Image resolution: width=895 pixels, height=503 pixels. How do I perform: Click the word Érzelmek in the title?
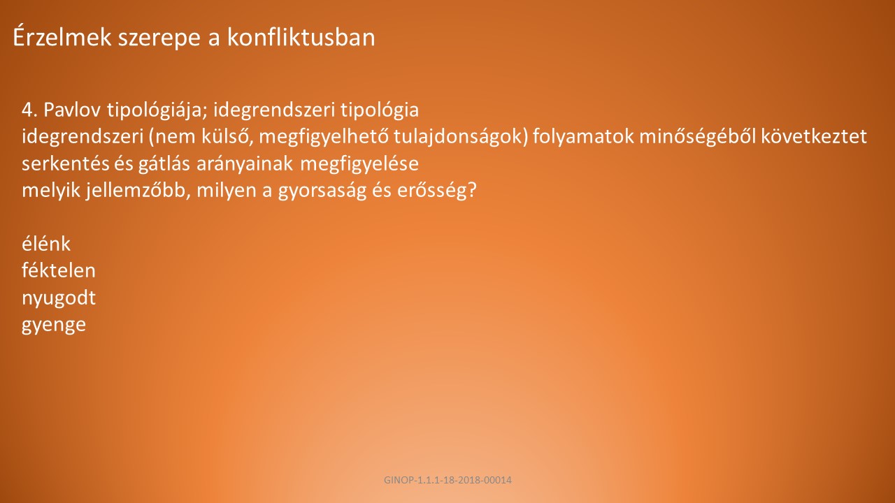(62, 37)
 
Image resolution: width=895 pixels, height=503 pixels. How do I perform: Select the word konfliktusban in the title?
(301, 37)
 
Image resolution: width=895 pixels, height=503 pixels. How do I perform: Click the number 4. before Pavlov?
(29, 110)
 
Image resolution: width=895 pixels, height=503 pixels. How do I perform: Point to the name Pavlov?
(72, 110)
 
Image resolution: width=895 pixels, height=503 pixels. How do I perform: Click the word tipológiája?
(157, 110)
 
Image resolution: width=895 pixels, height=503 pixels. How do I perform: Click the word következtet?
(813, 136)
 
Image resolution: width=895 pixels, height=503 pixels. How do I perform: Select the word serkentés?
(66, 163)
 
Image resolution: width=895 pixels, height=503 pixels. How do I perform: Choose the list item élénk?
(46, 244)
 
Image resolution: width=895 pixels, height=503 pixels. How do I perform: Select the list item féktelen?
(59, 270)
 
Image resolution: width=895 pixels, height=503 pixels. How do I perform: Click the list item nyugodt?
(59, 298)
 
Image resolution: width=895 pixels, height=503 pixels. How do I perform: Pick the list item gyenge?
(54, 326)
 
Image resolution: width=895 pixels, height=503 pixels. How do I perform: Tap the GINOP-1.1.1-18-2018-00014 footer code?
(447, 480)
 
